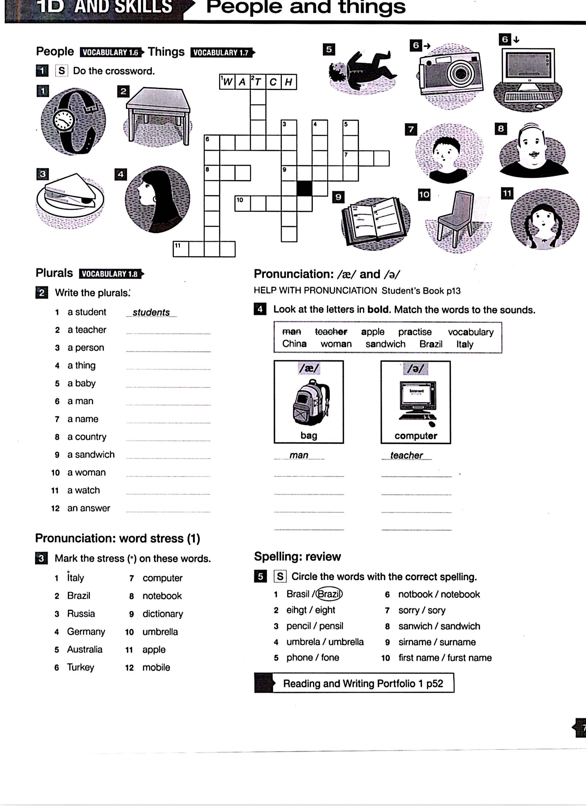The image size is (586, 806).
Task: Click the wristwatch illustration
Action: pos(72,121)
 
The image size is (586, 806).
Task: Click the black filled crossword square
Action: pos(304,188)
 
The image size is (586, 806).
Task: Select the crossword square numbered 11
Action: pos(181,249)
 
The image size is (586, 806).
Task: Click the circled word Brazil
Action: pos(329,594)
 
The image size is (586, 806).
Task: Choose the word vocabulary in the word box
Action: pos(471,332)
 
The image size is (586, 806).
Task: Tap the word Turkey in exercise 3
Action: pos(81,667)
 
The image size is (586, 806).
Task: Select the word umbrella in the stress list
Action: pos(160,632)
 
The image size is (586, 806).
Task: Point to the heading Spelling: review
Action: pos(297,556)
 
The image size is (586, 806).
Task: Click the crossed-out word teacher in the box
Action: pos(331,332)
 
